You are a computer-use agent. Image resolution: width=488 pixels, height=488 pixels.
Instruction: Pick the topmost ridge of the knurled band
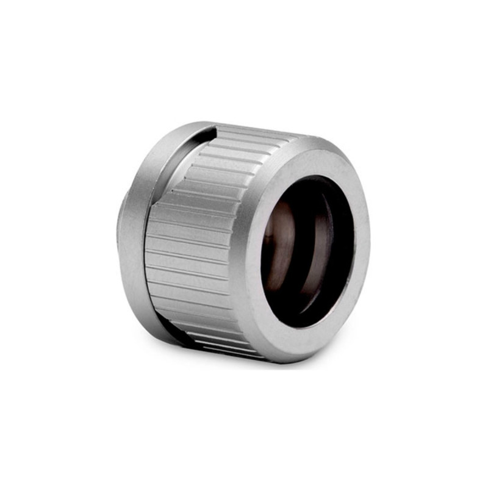pyautogui.click(x=256, y=131)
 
